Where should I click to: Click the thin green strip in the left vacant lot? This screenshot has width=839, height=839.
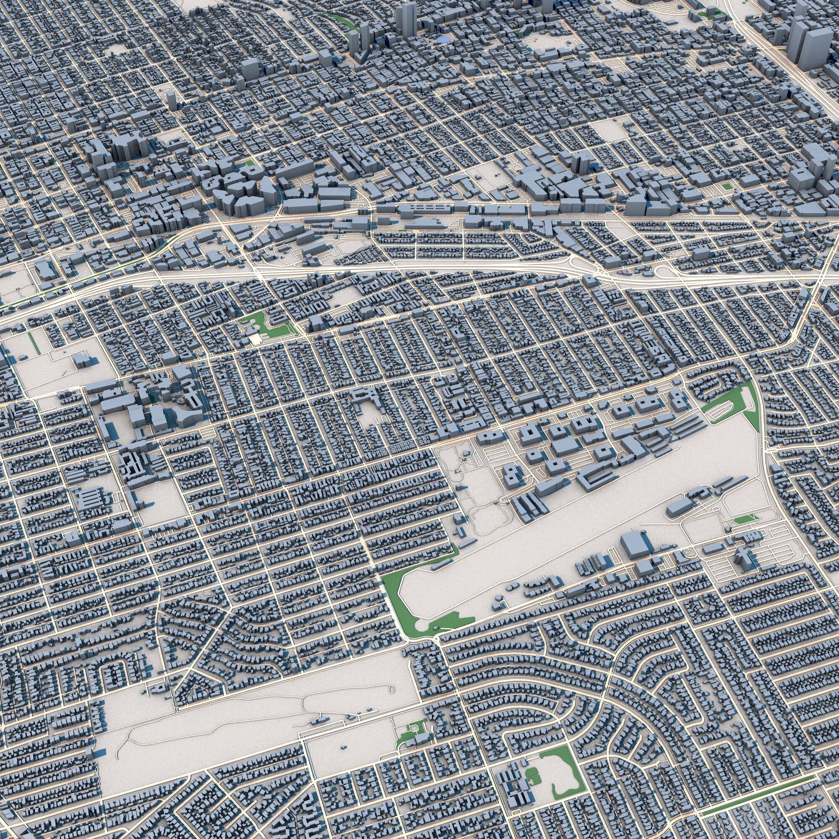[x=33, y=343]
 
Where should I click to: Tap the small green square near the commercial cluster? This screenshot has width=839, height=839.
[x=249, y=163]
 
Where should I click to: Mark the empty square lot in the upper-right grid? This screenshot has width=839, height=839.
[x=606, y=130]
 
